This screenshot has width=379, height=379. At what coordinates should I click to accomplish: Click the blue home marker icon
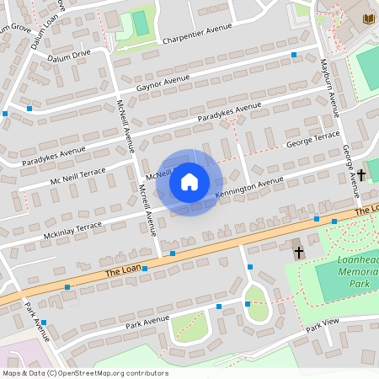point(189,182)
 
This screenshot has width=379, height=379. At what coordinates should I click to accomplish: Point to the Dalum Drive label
point(69,54)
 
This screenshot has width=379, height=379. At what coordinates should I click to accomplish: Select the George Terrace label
point(312,139)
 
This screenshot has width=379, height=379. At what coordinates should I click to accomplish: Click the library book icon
point(368,18)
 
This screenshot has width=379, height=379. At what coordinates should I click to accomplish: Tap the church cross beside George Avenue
point(361,175)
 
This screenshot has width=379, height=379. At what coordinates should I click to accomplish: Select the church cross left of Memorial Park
point(297,252)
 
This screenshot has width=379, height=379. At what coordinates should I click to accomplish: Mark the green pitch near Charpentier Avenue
point(141,23)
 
